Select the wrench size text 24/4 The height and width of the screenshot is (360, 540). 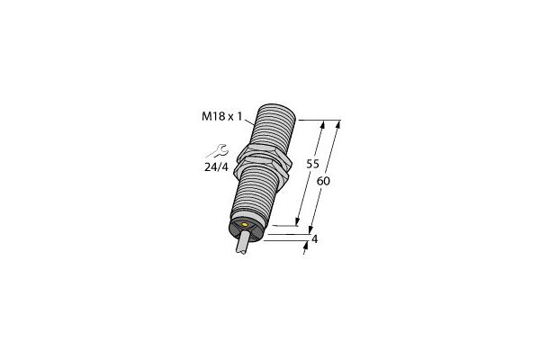point(217,166)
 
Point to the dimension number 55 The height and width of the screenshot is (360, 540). point(313,165)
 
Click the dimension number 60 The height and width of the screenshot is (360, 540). point(323,180)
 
